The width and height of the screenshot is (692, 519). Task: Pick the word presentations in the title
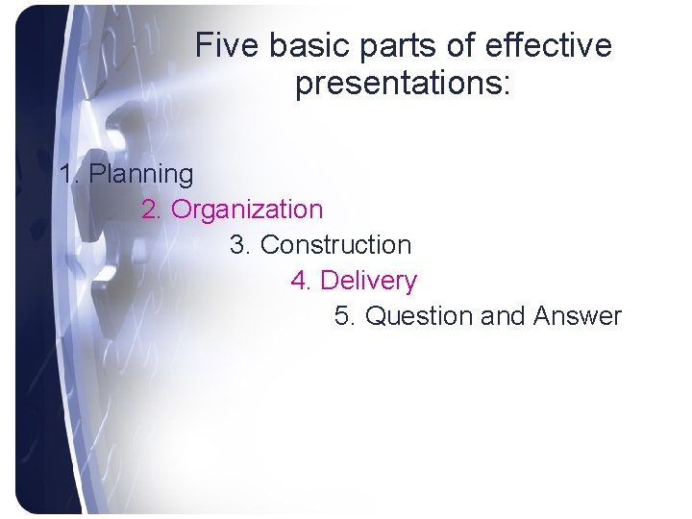[x=396, y=85]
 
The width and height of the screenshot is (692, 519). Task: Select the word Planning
[x=141, y=175]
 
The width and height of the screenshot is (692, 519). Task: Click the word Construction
[x=335, y=245]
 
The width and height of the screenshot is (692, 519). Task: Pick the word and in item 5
[x=503, y=316]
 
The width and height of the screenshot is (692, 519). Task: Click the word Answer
[x=578, y=316]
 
